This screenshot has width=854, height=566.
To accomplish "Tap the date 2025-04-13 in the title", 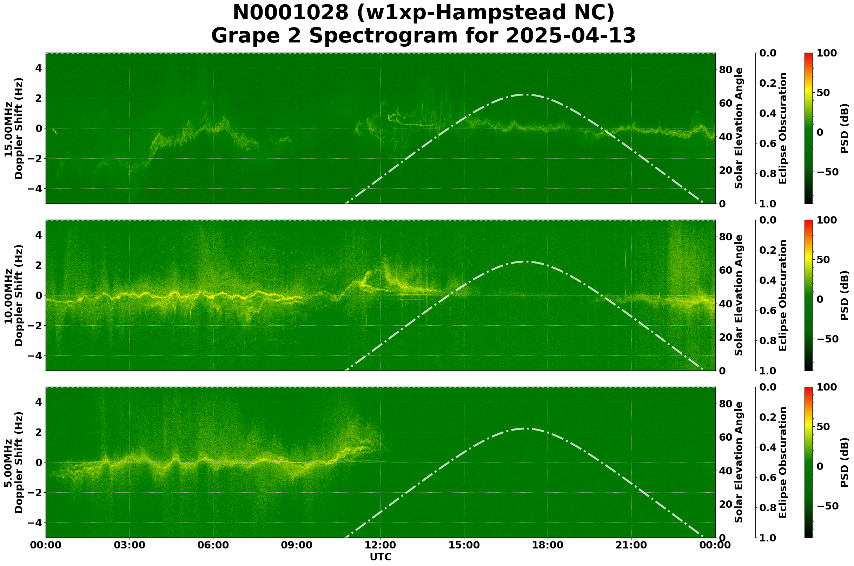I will coord(570,36).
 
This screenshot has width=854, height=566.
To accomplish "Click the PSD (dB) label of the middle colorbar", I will coord(844,295).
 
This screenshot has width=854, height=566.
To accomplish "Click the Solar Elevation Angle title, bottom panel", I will coord(739,462).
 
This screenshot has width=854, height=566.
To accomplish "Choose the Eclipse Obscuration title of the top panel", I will coord(782,128).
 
